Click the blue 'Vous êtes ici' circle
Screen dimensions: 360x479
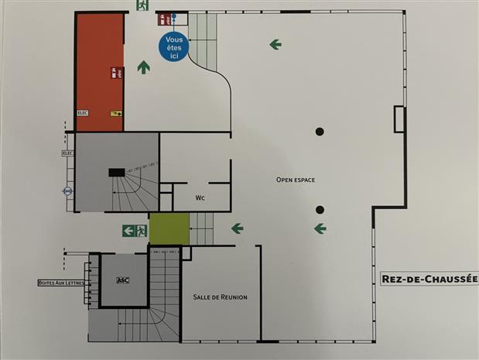coord(174,46)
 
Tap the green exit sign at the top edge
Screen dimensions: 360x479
coord(142,5)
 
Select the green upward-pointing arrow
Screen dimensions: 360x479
coord(143,67)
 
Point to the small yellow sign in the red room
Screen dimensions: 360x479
coord(116,113)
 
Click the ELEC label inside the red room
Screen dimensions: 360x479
coord(83,113)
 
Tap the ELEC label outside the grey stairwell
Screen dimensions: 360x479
coord(67,153)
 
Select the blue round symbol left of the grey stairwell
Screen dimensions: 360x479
coord(67,188)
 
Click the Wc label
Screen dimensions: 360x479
coord(200,198)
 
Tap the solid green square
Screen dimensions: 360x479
coord(169,228)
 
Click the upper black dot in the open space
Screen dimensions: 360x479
coord(319,131)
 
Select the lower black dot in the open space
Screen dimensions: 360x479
coord(319,209)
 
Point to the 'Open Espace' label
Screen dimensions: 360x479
coord(296,180)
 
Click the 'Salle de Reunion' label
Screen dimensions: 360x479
coord(221,297)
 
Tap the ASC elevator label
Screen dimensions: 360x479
coord(122,279)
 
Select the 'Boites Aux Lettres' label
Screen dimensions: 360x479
coord(60,283)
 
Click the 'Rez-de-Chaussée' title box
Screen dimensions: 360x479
coord(430,279)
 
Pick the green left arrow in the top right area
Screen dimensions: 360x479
coord(275,44)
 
